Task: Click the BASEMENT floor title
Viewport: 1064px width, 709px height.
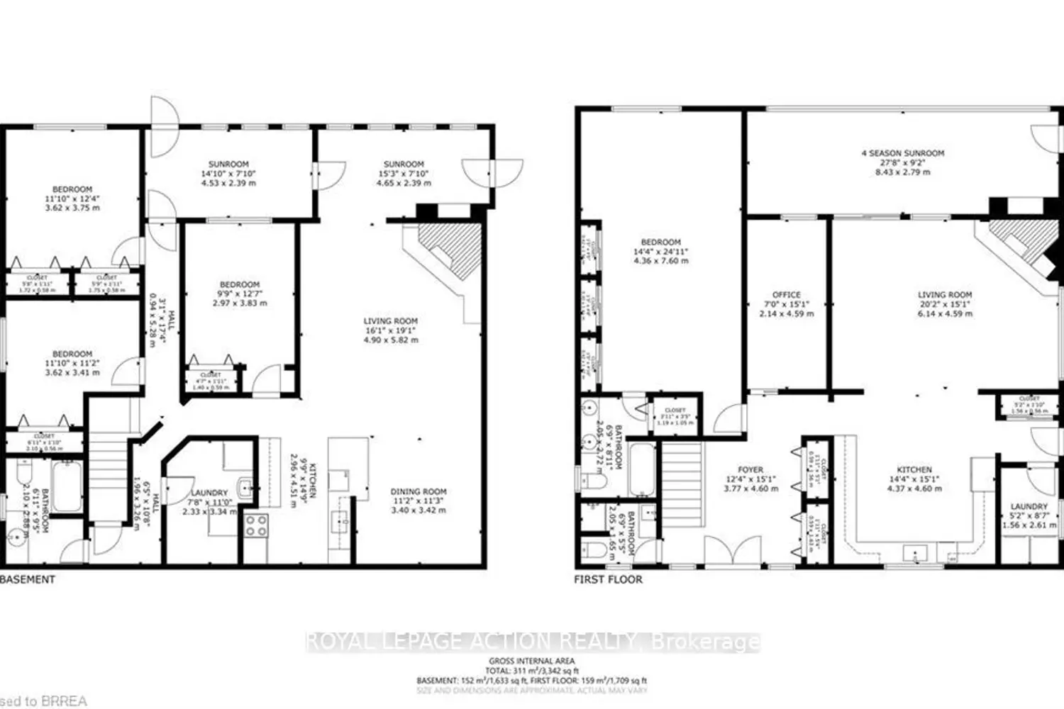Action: tap(28, 579)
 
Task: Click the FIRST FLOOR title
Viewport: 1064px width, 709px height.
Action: tap(608, 579)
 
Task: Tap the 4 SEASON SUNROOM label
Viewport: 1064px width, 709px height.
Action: tap(902, 153)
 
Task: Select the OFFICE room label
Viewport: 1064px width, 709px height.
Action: tap(786, 295)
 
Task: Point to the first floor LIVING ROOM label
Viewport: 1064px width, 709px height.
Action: tap(945, 295)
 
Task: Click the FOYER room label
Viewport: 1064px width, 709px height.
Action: tap(750, 469)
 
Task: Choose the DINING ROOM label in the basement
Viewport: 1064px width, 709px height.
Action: tap(418, 491)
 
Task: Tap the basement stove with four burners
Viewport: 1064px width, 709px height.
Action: tap(256, 525)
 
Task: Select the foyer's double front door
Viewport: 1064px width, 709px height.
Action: tap(732, 550)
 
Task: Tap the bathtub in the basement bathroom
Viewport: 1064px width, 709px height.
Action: tap(67, 486)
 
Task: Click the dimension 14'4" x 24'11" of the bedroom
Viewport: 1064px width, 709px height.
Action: tap(660, 252)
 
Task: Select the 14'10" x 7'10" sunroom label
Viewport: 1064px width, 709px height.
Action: tap(228, 174)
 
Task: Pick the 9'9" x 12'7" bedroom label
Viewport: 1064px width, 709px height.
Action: tap(239, 294)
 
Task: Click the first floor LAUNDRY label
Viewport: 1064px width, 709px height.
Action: tap(1029, 507)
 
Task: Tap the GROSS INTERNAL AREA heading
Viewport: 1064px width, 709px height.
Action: tap(531, 661)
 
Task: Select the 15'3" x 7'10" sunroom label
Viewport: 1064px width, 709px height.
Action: tap(403, 174)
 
